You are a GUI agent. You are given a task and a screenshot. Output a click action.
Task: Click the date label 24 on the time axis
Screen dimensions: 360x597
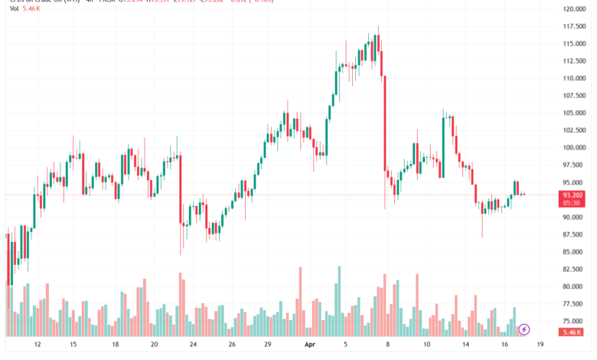click(x=194, y=345)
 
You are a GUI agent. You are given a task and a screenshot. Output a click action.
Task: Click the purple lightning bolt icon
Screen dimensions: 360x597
click(x=524, y=330)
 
